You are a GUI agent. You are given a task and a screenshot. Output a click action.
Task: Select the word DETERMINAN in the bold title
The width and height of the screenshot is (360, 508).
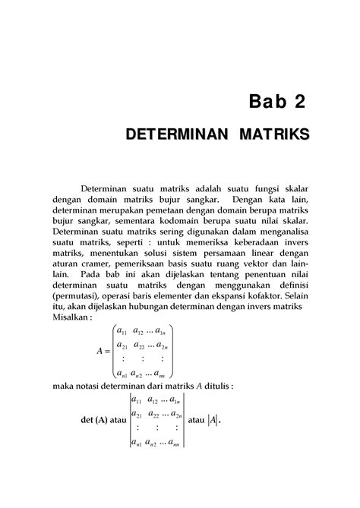point(178,137)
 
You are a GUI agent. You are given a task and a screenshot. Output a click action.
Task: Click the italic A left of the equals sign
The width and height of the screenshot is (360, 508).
point(99,352)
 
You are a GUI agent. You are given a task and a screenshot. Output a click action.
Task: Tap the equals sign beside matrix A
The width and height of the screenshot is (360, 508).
point(108,352)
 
